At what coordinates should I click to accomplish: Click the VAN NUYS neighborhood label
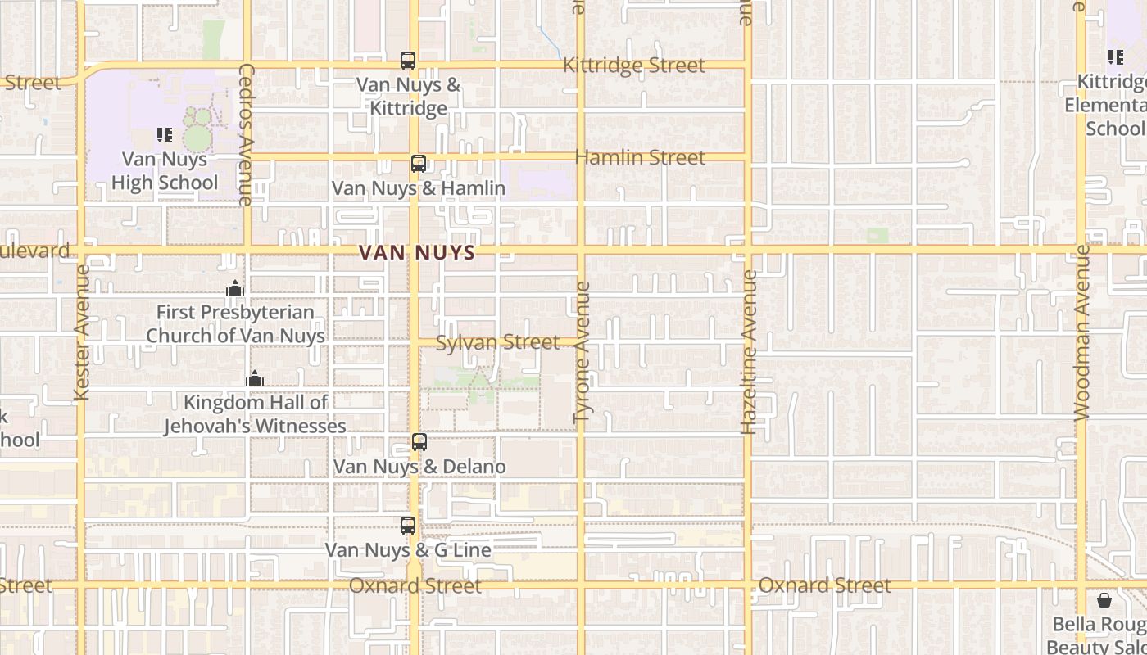(418, 253)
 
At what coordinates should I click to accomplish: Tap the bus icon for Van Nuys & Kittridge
(408, 61)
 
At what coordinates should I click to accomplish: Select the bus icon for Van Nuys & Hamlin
(419, 164)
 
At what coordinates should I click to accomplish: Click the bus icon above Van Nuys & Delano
(419, 442)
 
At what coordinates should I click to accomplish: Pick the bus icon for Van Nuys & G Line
(408, 526)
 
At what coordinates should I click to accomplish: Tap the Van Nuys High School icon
(165, 135)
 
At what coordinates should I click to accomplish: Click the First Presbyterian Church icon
(235, 288)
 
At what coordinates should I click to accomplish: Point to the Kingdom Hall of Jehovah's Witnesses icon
(255, 378)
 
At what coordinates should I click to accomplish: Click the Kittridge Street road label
(634, 65)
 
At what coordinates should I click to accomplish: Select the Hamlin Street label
(640, 157)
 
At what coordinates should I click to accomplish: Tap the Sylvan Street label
(497, 342)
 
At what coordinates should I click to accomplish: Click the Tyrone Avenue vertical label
(583, 352)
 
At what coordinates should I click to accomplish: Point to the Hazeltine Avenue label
(748, 352)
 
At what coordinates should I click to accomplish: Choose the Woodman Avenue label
(1082, 332)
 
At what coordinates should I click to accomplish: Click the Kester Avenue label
(82, 332)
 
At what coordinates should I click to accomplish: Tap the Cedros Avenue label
(246, 134)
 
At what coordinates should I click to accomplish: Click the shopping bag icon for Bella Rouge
(1104, 600)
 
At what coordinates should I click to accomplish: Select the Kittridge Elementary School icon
(1116, 57)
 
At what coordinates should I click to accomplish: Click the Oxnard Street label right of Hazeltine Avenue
(824, 585)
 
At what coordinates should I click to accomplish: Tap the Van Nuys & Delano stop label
(419, 467)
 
